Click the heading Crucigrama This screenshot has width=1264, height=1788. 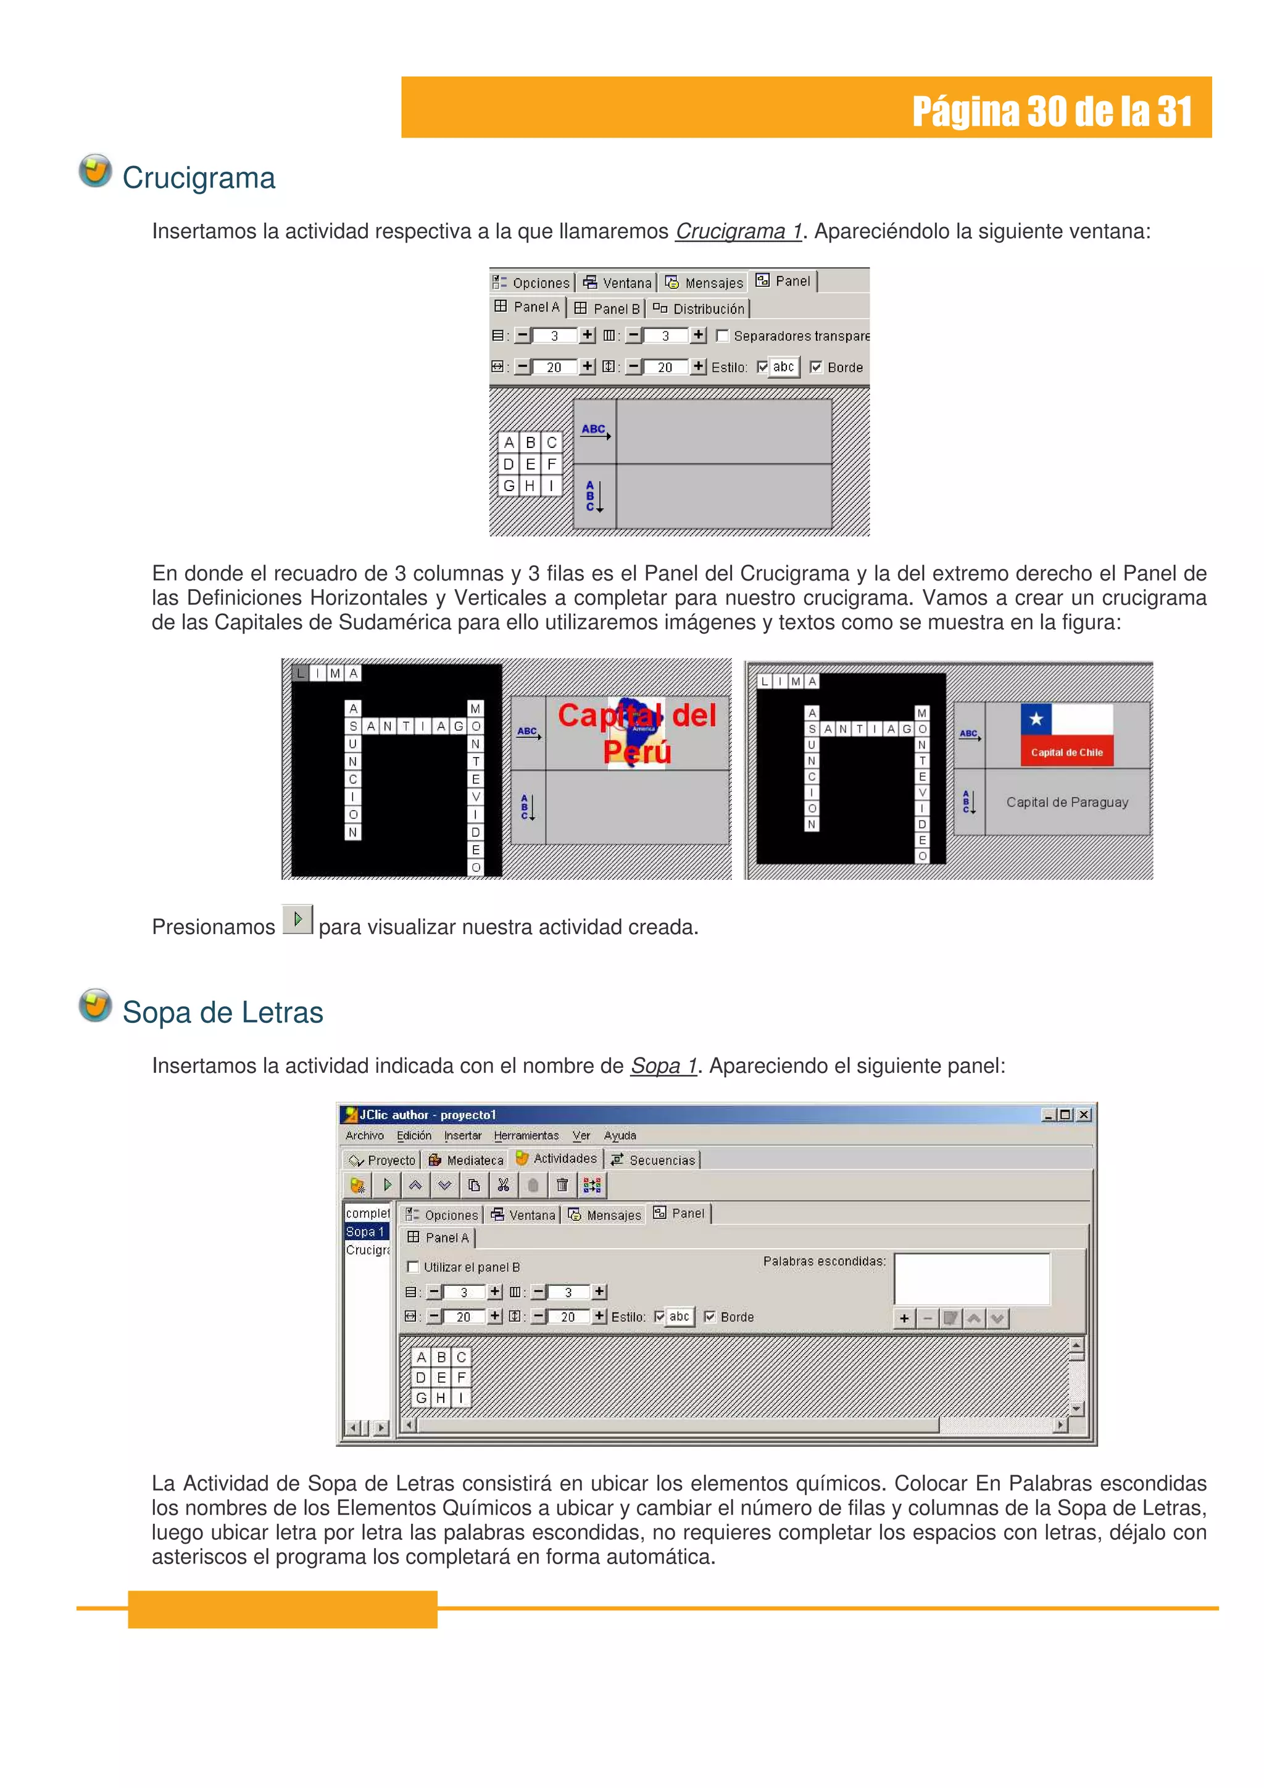pyautogui.click(x=199, y=178)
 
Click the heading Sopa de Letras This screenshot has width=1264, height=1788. pyautogui.click(x=223, y=1012)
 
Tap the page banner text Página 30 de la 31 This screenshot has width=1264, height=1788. pyautogui.click(x=1052, y=111)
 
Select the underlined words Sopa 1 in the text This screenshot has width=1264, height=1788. pyautogui.click(x=663, y=1066)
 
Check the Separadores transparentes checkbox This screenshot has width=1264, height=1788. pyautogui.click(x=722, y=336)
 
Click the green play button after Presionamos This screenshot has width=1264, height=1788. pyautogui.click(x=297, y=920)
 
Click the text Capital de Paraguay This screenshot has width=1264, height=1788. pyautogui.click(x=1066, y=802)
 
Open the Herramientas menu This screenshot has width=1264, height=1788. pyautogui.click(x=526, y=1135)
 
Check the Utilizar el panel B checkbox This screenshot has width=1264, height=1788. pyautogui.click(x=414, y=1267)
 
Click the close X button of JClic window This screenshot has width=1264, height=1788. pyautogui.click(x=1083, y=1114)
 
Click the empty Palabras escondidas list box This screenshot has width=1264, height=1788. pyautogui.click(x=971, y=1278)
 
